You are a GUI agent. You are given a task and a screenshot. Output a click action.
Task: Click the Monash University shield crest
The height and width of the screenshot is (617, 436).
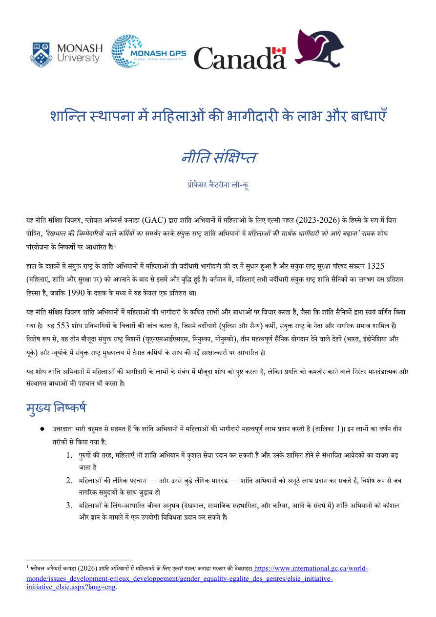coord(41,54)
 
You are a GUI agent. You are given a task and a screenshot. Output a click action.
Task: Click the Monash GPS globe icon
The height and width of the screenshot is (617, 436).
coord(126,51)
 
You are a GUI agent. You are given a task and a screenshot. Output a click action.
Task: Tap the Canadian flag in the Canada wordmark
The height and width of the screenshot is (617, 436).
coord(279,50)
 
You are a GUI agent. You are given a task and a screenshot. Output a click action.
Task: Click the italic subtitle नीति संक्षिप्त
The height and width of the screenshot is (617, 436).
coord(219,158)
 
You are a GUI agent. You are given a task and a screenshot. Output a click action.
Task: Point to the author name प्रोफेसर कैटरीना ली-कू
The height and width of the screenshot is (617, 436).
coord(218,185)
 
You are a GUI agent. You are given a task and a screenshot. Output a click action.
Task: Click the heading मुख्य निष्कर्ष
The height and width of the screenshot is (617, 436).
coord(57,407)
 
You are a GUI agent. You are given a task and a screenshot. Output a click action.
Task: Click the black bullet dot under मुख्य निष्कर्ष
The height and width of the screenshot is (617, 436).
coord(42,428)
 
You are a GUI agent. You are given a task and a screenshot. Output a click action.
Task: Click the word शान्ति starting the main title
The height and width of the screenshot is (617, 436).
coord(68,117)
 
